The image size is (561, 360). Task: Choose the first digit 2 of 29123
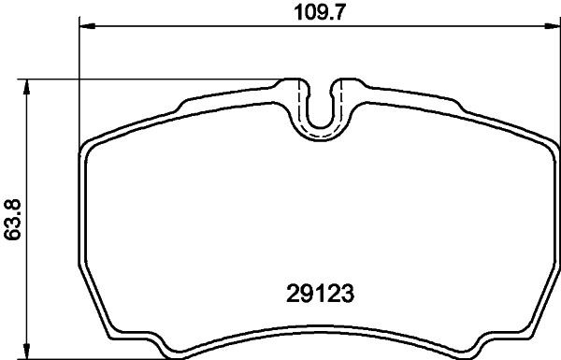286,295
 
